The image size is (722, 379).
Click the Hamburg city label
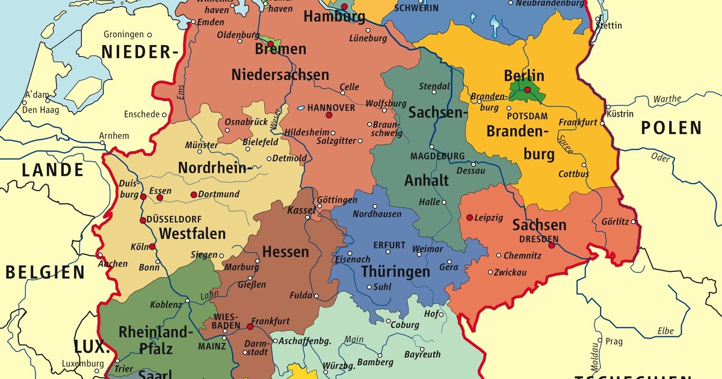click(x=334, y=17)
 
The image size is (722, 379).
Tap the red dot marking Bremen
click(x=271, y=44)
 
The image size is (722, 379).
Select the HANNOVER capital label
click(x=331, y=108)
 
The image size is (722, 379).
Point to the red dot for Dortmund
click(x=194, y=194)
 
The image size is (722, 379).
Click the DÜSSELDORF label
click(x=174, y=219)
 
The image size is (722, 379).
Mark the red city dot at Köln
click(x=152, y=247)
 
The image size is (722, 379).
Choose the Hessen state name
click(x=286, y=251)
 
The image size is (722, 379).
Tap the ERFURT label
click(x=389, y=245)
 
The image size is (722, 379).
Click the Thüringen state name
click(x=395, y=272)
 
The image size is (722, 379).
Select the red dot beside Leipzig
click(x=469, y=217)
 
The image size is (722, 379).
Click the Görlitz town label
click(x=615, y=221)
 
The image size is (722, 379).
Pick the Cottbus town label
click(x=573, y=174)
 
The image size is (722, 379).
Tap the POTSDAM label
click(x=527, y=116)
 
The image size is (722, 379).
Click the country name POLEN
click(x=671, y=128)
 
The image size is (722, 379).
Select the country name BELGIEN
click(x=45, y=273)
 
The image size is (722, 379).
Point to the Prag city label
click(x=614, y=341)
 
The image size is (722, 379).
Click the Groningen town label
click(x=123, y=34)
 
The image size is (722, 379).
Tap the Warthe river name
click(x=667, y=99)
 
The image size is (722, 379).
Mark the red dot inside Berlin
click(x=527, y=90)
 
